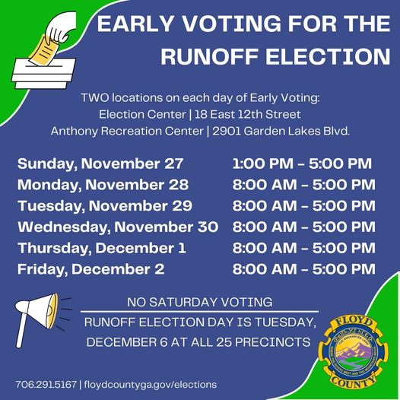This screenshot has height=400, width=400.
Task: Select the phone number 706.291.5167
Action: [46, 385]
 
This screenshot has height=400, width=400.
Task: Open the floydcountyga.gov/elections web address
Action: [151, 385]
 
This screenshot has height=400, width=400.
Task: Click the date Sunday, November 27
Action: [100, 163]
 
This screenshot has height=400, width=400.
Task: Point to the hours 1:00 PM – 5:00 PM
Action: [302, 163]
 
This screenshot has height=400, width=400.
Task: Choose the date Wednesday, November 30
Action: [118, 227]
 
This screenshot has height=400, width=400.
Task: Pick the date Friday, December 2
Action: [90, 269]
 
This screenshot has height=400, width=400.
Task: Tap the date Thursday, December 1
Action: [102, 248]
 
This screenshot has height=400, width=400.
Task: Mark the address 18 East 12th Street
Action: [248, 114]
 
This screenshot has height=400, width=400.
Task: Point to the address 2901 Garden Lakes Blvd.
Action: [281, 131]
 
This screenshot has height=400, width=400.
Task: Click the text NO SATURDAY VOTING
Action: [200, 303]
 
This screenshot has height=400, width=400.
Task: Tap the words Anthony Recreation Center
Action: [127, 131]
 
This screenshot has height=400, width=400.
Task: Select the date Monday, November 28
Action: [103, 185]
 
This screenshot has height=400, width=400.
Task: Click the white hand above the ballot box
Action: [62, 27]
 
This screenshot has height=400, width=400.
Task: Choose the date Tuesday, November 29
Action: [105, 206]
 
